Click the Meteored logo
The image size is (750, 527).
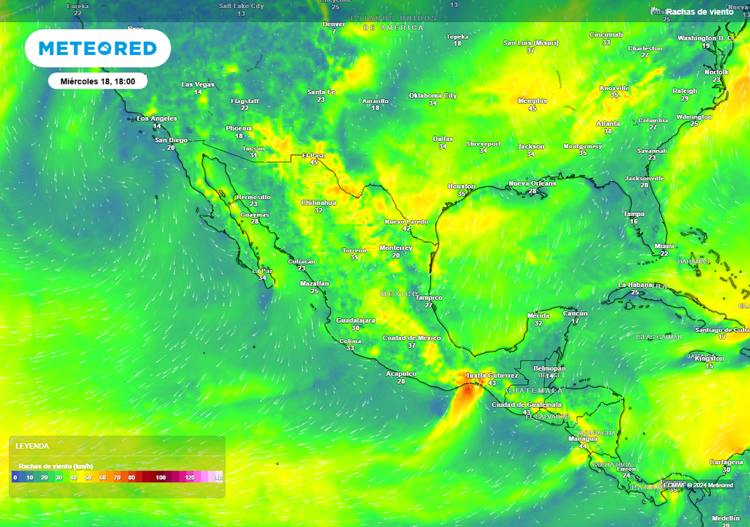tap(97, 48)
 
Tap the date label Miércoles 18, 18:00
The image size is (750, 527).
tap(97, 81)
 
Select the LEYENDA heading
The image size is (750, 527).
tap(32, 446)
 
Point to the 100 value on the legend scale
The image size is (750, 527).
tap(160, 477)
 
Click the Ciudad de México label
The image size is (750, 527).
tap(412, 337)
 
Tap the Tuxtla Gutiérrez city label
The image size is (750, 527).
tap(491, 375)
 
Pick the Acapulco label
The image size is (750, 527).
tap(401, 373)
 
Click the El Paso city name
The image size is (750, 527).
tap(313, 155)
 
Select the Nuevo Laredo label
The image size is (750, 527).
tap(406, 221)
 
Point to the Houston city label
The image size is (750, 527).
tap(461, 187)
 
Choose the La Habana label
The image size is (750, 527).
tap(634, 284)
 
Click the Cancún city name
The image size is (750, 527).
tap(575, 313)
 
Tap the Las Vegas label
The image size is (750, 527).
tap(198, 84)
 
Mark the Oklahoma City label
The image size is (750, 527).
tap(432, 95)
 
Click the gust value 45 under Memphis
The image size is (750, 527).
tap(532, 108)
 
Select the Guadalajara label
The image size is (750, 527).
tap(355, 320)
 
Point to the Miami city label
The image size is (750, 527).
tap(664, 246)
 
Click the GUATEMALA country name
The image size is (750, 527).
tap(533, 391)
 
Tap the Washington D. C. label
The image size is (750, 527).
tap(705, 37)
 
